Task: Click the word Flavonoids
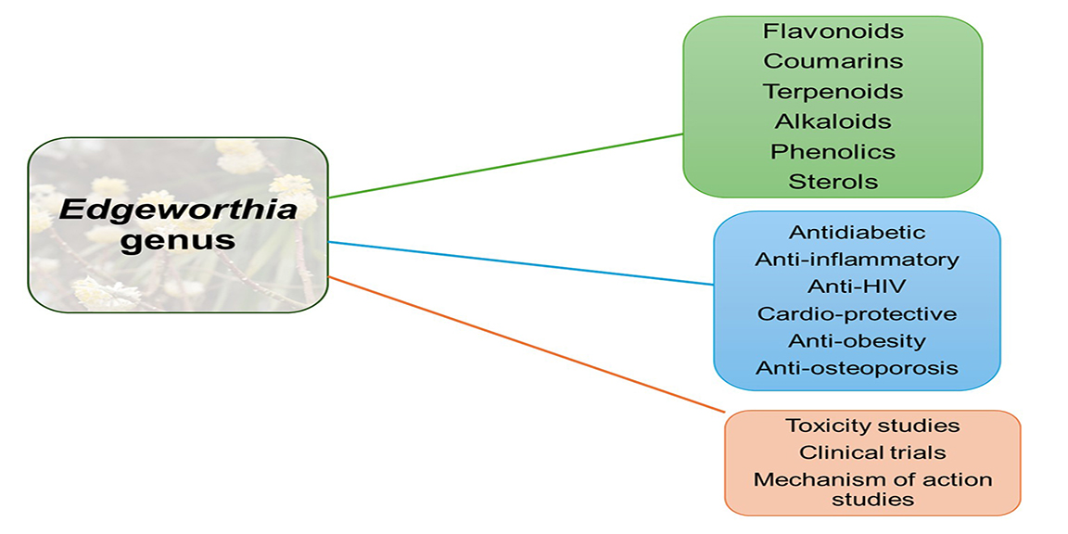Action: [833, 32]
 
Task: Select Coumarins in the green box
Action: [833, 61]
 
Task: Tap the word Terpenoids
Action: [833, 92]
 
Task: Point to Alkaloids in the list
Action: [833, 121]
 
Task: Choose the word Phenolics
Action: [833, 151]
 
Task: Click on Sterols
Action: [833, 182]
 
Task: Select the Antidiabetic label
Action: [857, 232]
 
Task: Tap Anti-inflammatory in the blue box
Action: [857, 260]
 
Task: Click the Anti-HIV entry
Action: [857, 286]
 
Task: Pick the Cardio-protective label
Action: [857, 313]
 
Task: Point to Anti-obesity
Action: [857, 340]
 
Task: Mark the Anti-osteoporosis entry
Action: [857, 368]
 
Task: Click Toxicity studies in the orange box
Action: [872, 426]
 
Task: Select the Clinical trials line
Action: [872, 452]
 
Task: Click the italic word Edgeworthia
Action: [179, 209]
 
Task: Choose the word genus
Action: [179, 240]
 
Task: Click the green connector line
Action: [506, 165]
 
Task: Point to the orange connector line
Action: [526, 344]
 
